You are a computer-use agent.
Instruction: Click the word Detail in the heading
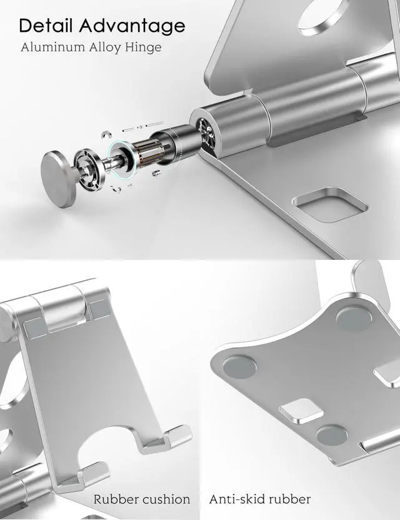pos(46,25)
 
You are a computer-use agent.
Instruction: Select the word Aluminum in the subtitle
pos(52,47)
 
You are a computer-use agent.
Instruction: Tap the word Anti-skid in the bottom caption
pos(236,499)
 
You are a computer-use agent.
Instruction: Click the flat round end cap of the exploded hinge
pos(58,179)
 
